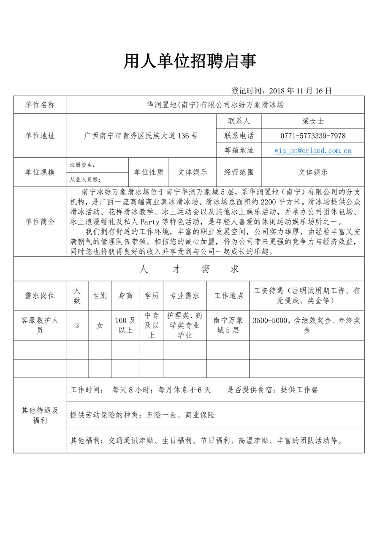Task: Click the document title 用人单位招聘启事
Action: point(190,62)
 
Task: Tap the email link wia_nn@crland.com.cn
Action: point(313,150)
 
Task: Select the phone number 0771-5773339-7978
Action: point(313,136)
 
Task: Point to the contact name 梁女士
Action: point(313,121)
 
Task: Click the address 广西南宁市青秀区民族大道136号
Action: point(141,136)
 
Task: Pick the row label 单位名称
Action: point(40,105)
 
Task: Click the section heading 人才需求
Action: point(189,269)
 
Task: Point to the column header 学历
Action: point(152,295)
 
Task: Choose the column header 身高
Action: point(126,295)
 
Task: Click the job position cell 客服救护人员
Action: point(40,325)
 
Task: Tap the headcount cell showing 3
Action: point(77,325)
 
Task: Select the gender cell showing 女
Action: point(100,325)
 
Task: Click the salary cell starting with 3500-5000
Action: point(307,325)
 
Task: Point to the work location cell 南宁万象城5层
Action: point(228,325)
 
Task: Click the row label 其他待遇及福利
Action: point(40,415)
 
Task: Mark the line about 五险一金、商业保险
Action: point(142,415)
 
